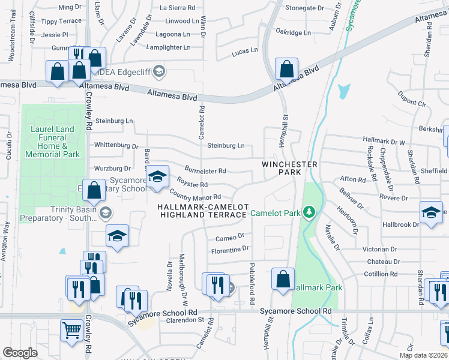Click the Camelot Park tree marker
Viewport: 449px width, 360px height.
(309, 212)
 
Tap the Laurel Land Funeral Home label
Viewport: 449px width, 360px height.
(53, 142)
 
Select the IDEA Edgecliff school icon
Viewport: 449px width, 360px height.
(158, 72)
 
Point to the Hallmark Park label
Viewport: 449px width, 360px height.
(318, 287)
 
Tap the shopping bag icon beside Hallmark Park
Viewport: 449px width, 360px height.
(283, 279)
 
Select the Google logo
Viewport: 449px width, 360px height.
(20, 353)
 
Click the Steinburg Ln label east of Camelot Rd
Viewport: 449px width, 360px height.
(226, 145)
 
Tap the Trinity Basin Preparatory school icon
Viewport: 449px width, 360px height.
(106, 213)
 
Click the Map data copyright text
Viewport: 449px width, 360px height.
(424, 355)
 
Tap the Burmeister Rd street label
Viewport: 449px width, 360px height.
(205, 171)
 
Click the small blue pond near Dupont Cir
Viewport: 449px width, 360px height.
(343, 91)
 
